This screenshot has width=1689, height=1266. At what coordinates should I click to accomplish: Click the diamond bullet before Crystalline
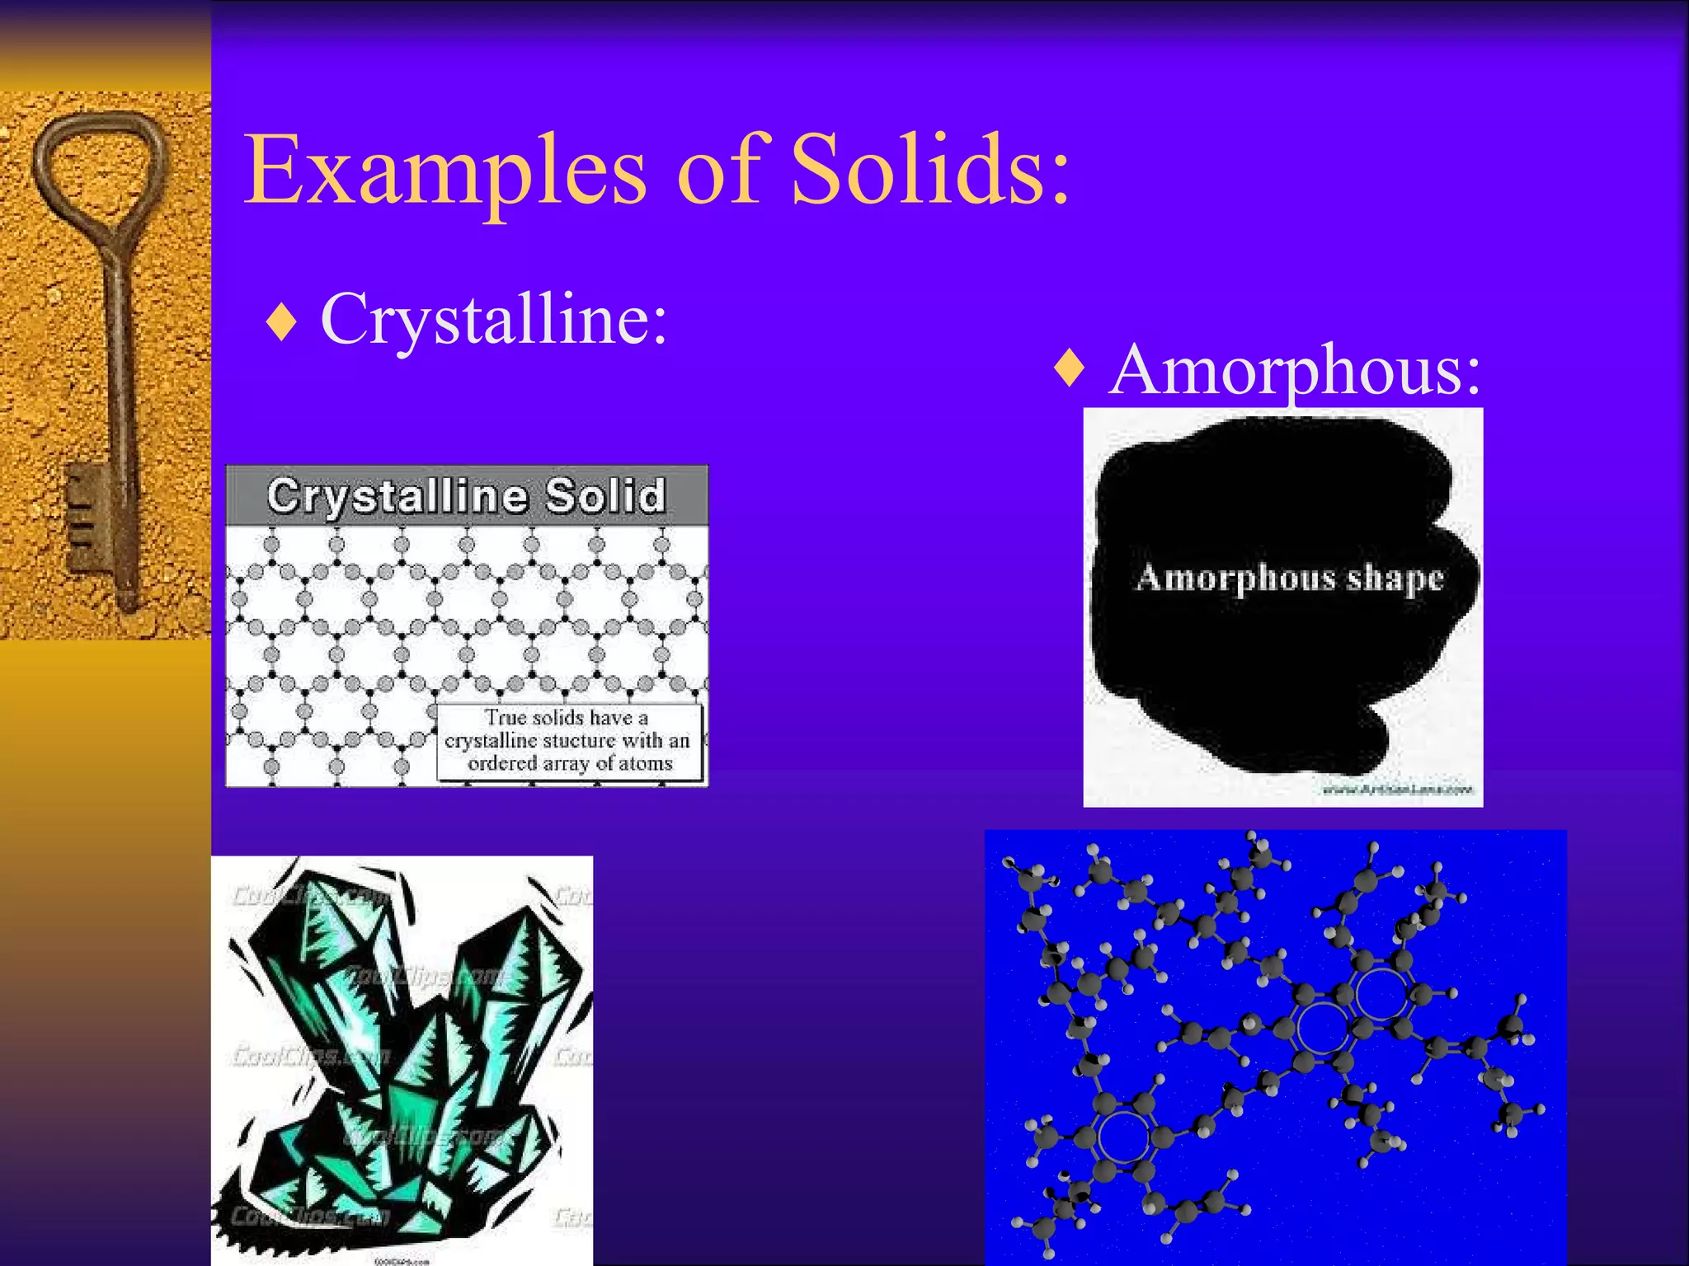[x=281, y=322]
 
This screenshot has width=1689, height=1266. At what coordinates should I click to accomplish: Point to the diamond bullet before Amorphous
[x=1070, y=368]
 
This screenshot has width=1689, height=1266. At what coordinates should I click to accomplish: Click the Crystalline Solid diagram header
[x=467, y=495]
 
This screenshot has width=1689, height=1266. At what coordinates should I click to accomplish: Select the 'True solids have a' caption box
[x=569, y=741]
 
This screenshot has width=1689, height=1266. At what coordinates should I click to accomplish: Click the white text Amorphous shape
[x=1289, y=578]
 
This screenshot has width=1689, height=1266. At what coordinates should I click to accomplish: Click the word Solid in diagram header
[x=605, y=495]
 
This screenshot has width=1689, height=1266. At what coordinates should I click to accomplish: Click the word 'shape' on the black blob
[x=1395, y=579]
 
